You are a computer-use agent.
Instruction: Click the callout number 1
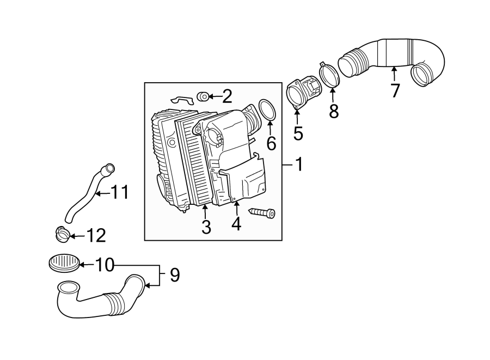click(298, 164)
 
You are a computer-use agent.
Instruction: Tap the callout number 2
click(226, 97)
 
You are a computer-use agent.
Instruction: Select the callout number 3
click(206, 227)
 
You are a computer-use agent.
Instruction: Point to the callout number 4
click(236, 223)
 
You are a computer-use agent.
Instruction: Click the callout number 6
click(271, 143)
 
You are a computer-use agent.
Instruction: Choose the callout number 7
click(395, 90)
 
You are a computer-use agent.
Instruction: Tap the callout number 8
click(333, 111)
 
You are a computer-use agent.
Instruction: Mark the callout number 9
click(174, 275)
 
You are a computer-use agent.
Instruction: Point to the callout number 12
click(95, 236)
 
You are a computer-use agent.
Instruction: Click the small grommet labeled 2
click(201, 96)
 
